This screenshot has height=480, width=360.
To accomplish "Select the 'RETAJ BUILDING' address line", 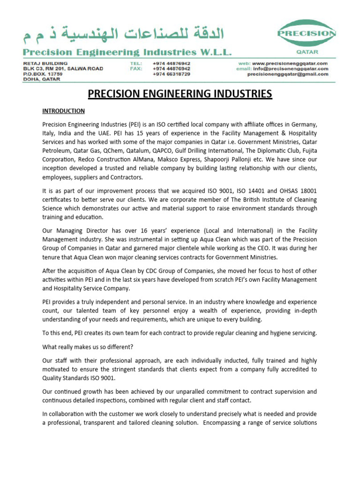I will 45,63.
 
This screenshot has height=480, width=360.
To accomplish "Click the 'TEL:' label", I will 136,63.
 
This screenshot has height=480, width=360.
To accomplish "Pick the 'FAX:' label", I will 136,68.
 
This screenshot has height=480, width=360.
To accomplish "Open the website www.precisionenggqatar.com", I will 289,63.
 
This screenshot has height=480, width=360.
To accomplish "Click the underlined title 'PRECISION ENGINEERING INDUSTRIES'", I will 180,94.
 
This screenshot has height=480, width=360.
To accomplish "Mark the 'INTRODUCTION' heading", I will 63,111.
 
